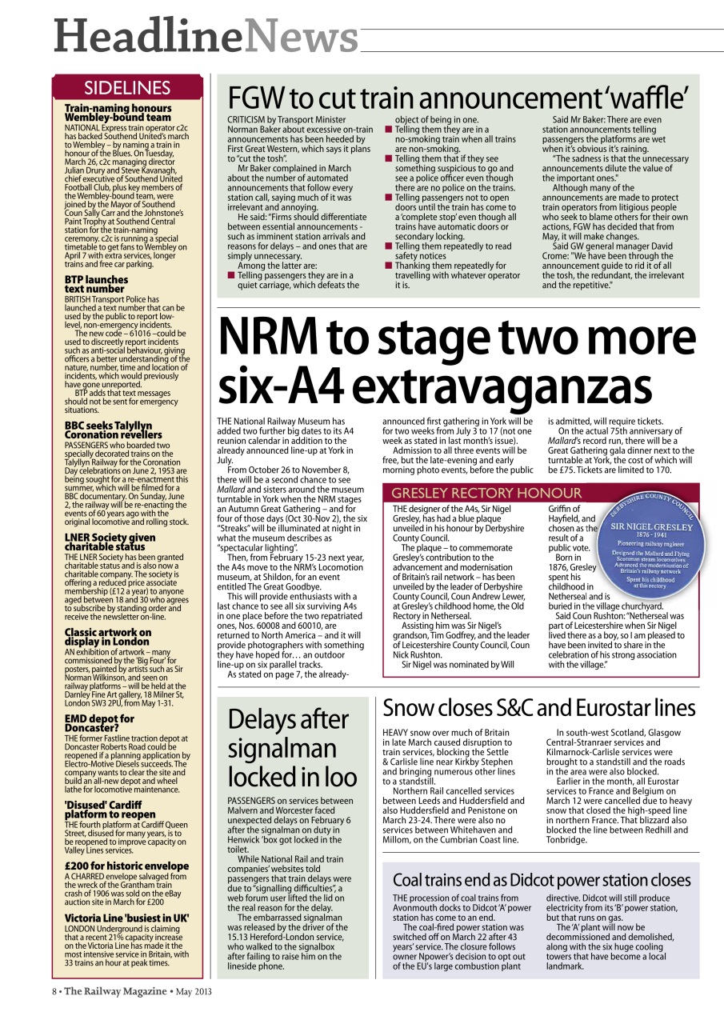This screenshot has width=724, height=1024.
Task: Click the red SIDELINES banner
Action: [127, 87]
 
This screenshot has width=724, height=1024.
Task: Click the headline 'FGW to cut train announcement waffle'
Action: [458, 98]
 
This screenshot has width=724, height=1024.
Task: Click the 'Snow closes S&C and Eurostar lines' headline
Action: [538, 709]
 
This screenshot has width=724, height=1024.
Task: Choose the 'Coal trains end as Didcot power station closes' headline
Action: [541, 880]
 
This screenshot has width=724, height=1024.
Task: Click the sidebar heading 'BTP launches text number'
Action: [96, 285]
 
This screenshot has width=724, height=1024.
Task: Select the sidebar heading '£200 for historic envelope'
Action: [126, 866]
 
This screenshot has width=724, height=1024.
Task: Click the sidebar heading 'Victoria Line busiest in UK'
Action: [126, 918]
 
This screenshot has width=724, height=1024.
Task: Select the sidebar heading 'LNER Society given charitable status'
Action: [110, 542]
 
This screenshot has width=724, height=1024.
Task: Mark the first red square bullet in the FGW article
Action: [231, 275]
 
